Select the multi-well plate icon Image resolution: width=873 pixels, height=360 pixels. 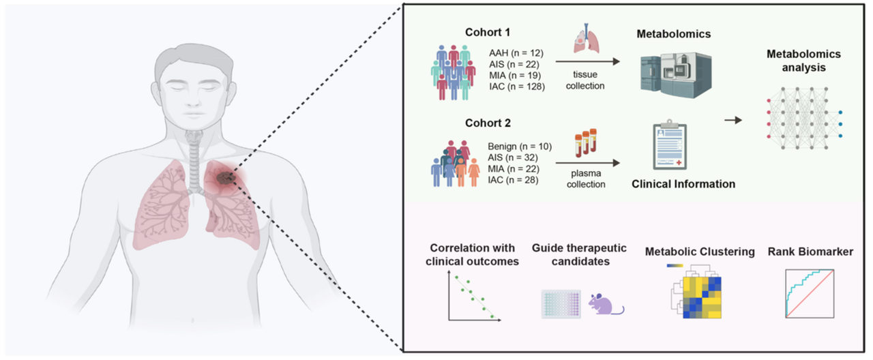pos(561,304)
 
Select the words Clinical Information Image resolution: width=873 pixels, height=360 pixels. pos(683,184)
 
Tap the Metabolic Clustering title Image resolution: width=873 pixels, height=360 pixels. pos(700,252)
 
